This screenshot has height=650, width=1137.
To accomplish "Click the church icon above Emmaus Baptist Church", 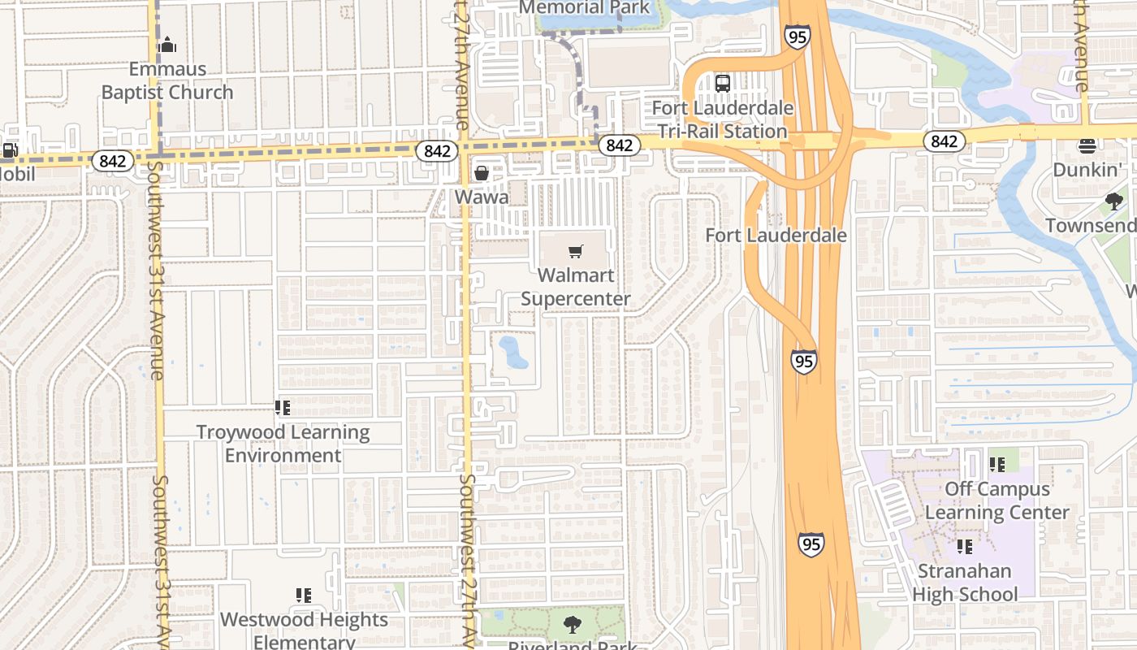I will [167, 45].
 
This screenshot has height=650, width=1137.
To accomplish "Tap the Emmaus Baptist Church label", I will [167, 80].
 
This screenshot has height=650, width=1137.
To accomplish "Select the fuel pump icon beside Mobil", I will [10, 150].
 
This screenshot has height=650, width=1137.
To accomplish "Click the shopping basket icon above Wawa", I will [482, 173].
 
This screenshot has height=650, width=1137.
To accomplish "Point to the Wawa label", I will [482, 197].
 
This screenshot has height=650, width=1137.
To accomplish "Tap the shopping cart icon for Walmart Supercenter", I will [576, 251].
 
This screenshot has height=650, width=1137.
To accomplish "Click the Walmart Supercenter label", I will [576, 287].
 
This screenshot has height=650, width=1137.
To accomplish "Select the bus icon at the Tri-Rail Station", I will [722, 83].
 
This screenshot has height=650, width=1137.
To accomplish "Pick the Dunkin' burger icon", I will [1087, 146].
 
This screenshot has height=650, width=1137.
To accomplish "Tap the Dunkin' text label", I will [1087, 170].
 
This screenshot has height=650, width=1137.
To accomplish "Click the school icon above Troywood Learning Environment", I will [283, 408].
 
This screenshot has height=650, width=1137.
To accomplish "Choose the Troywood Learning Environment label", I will [283, 444].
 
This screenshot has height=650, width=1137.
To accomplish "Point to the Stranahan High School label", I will [965, 583].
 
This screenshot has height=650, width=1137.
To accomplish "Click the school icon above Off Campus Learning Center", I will [997, 465].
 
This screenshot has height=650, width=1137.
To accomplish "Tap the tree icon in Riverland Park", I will [573, 625].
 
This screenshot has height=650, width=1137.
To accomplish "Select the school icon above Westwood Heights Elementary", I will [304, 596].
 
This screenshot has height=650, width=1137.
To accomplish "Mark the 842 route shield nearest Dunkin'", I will [944, 141].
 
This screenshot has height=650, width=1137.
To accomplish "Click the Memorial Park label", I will [585, 8].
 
